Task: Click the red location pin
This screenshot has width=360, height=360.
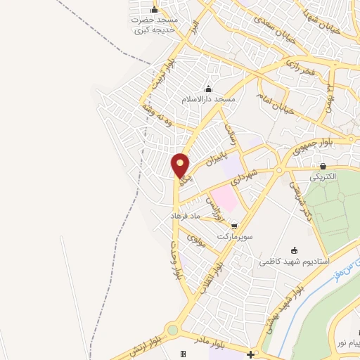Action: [181, 165]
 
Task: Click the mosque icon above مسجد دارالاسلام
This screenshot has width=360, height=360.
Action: [207, 89]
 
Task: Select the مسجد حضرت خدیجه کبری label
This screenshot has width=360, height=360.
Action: [155, 25]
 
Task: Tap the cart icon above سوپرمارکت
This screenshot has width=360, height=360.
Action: [234, 226]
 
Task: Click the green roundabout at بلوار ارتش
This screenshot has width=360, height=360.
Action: [172, 330]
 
